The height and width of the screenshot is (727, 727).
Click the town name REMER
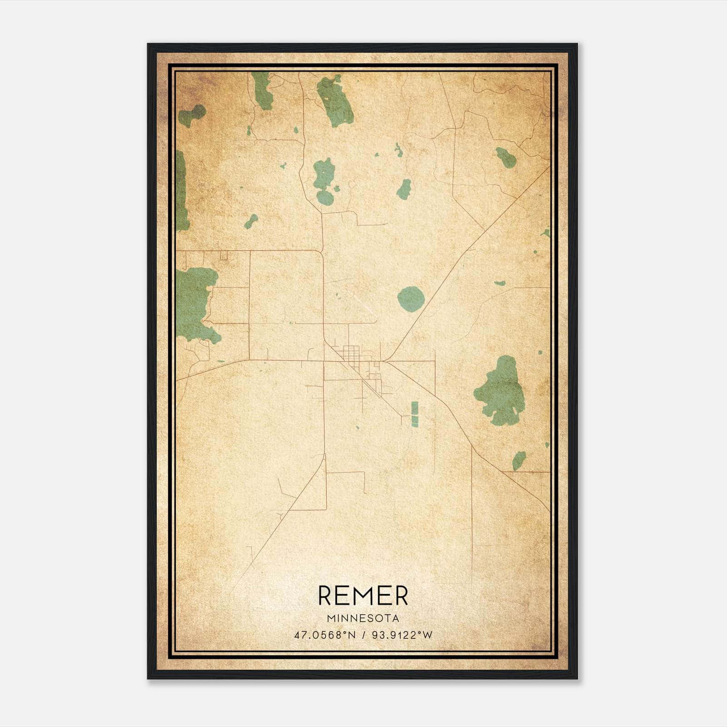tap(363, 596)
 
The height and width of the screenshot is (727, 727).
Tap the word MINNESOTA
tap(363, 618)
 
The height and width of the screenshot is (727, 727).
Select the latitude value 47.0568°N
tap(325, 635)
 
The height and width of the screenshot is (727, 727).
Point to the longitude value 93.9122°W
tap(402, 635)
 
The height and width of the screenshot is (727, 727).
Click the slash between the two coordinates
tap(363, 635)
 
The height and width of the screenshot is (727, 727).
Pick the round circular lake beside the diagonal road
tap(411, 299)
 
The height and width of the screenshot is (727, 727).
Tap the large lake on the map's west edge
tap(194, 302)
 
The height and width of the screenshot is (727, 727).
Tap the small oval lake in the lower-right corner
tap(518, 460)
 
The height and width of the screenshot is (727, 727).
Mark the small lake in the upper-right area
tap(506, 157)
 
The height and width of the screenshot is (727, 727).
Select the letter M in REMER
tap(363, 596)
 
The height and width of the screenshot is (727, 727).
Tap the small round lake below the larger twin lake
tap(325, 197)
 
